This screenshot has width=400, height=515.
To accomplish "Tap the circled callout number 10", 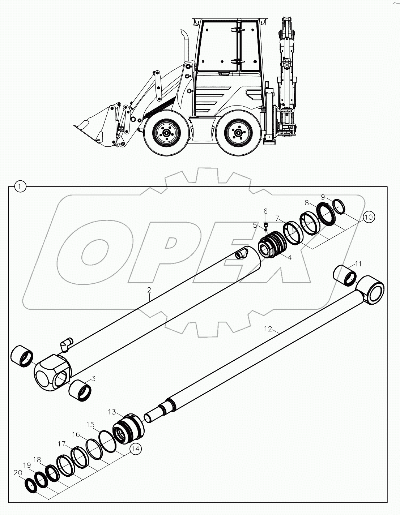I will pos(368,217).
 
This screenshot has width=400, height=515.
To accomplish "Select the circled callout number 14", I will pos(135,449).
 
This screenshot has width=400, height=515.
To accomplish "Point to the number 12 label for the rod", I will pos(268,329).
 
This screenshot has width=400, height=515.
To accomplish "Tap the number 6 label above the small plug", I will pos(265,211).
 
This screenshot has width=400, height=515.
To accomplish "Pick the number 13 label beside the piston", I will pos(111,412).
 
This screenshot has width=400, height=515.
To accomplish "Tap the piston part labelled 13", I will pos(128,428).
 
